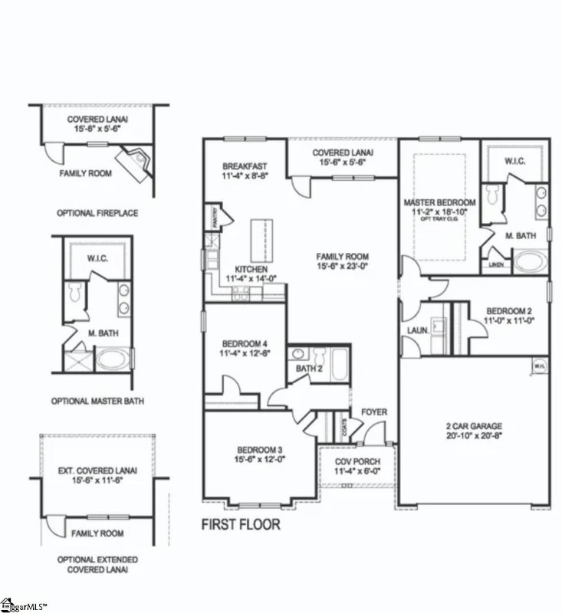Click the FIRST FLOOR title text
pos(241,526)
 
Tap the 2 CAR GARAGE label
pos(475,426)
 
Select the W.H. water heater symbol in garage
pos(540,366)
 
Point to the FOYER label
pos(374,412)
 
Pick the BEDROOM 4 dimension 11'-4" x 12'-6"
pos(243,354)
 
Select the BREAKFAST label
pos(244,166)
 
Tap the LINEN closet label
pos(496,265)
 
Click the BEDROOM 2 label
pos(509,311)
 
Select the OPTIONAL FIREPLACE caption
pos(97,212)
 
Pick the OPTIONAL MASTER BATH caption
pos(97,401)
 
